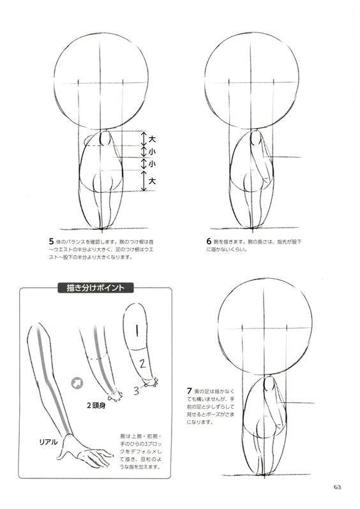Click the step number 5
tap(51, 242)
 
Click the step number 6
tap(209, 242)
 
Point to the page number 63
tap(337, 488)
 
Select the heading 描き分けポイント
tap(95, 288)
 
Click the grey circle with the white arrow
tap(78, 383)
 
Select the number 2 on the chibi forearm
tap(144, 364)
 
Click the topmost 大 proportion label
tap(152, 138)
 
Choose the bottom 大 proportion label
tap(152, 181)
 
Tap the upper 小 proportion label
tap(152, 152)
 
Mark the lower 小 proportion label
tap(152, 165)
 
